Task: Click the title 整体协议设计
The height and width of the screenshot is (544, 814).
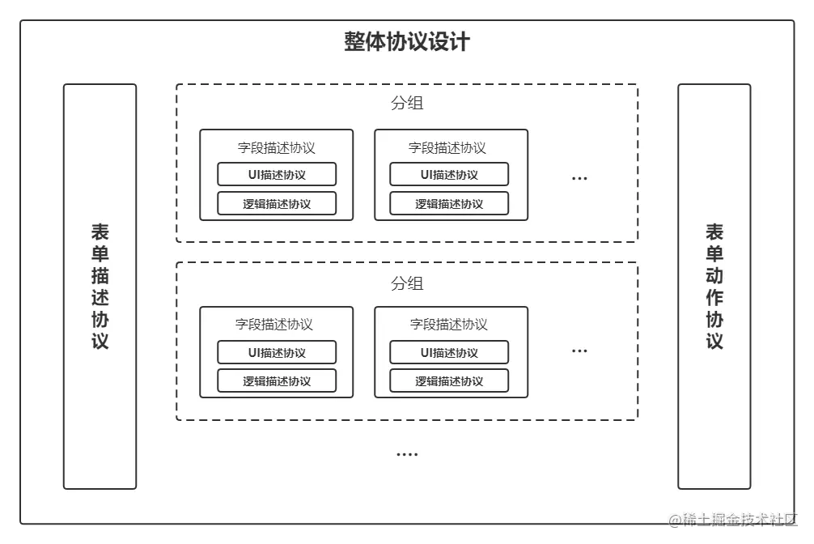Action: click(406, 42)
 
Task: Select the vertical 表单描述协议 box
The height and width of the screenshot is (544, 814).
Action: click(100, 287)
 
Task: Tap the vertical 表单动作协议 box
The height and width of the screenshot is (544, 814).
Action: click(714, 287)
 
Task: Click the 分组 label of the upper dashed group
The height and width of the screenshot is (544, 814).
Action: click(406, 104)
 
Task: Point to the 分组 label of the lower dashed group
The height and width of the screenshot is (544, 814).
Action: click(406, 283)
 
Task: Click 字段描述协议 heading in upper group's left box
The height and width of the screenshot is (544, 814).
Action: click(276, 147)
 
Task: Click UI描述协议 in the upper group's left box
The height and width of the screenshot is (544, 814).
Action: click(277, 174)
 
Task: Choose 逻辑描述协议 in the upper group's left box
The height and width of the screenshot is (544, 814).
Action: click(277, 203)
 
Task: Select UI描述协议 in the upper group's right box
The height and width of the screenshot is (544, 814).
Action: click(449, 174)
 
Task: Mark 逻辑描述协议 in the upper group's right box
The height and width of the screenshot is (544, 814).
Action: click(449, 203)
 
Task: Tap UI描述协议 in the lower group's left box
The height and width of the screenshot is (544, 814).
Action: click(277, 352)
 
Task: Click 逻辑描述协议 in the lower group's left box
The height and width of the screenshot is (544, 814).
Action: click(277, 380)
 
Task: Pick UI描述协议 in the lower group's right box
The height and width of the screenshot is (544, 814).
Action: click(449, 352)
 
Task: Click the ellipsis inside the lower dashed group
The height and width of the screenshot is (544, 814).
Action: click(579, 351)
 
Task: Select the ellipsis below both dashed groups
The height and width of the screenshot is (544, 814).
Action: click(406, 455)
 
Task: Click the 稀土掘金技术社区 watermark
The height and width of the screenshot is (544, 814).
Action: click(733, 518)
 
